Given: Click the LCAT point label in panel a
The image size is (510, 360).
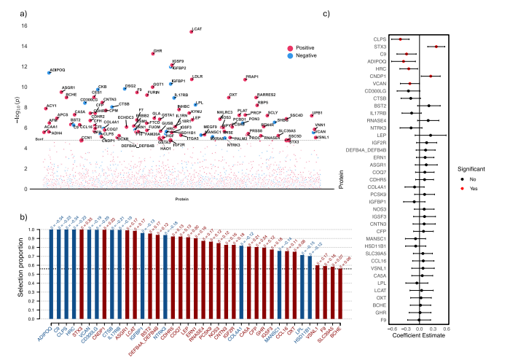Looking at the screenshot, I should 197,26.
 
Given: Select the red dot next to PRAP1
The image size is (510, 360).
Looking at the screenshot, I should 246,79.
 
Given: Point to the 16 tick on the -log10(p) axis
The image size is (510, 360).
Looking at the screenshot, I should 24,26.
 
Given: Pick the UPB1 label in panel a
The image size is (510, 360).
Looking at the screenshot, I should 318,114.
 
